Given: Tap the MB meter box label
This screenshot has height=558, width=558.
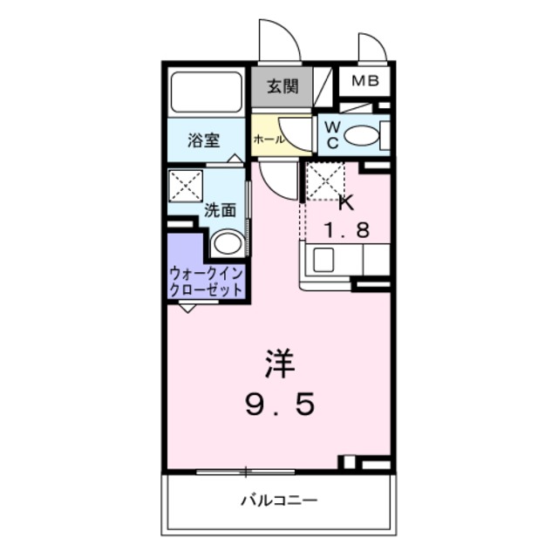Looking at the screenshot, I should tap(364, 83).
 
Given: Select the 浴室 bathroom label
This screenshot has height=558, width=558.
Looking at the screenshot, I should tap(205, 139).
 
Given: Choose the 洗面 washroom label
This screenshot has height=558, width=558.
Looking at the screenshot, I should tap(220, 209).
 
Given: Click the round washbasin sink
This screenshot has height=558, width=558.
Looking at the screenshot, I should tap(228, 242).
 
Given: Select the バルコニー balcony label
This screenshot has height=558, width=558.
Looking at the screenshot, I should tap(279, 500).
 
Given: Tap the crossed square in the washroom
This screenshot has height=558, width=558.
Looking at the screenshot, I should tap(186, 186).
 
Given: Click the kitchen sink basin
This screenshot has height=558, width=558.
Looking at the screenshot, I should tap(323, 259).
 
